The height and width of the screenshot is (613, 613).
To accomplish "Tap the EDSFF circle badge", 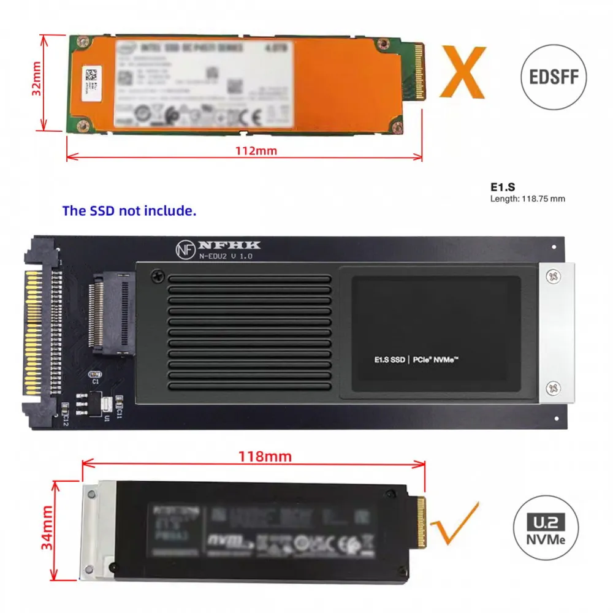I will tap(553, 78).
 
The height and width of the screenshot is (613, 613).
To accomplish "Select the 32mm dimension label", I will tap(37, 82).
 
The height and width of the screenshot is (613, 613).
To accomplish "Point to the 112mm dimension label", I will tap(245, 150).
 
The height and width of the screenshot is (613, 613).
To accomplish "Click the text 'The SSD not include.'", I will tap(129, 211).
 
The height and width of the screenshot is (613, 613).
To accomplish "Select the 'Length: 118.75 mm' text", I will tap(527, 199).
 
